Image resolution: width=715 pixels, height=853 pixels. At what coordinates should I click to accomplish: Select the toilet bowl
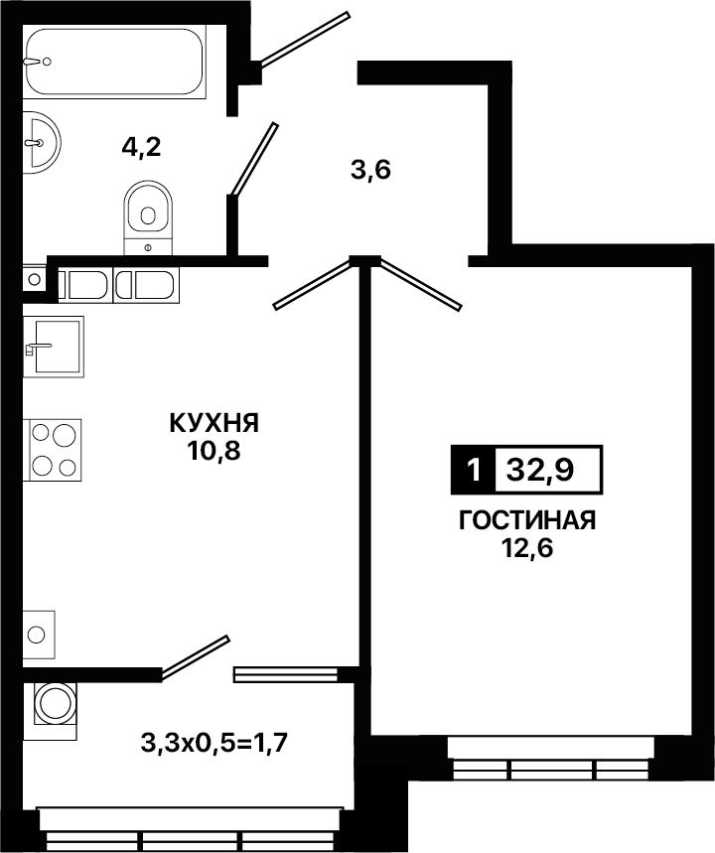point(148,217)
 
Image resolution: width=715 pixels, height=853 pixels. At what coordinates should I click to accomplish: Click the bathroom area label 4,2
point(141,147)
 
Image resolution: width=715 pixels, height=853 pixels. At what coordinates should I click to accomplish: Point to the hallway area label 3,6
point(370,172)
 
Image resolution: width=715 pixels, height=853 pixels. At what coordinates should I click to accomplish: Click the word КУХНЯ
point(214,423)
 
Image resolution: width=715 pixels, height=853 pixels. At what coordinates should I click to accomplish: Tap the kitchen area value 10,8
point(214,451)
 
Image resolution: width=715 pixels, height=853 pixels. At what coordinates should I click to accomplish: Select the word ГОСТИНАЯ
point(527,520)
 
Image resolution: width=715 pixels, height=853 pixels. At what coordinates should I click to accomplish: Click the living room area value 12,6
point(526,548)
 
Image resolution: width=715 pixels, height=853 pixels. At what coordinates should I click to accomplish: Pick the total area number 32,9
point(540,470)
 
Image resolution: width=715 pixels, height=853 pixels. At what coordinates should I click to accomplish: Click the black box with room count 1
point(474,470)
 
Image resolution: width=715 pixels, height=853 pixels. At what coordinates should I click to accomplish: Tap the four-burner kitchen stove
point(53,450)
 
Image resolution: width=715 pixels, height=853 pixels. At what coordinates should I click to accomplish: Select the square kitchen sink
point(54,347)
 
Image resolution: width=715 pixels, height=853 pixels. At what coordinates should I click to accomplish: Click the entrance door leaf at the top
point(303,38)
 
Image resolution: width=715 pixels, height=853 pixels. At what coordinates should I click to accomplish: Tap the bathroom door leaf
point(254,159)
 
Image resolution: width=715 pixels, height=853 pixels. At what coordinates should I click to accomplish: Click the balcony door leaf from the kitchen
point(195,657)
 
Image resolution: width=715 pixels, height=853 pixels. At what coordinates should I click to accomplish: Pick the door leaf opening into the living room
point(421,285)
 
